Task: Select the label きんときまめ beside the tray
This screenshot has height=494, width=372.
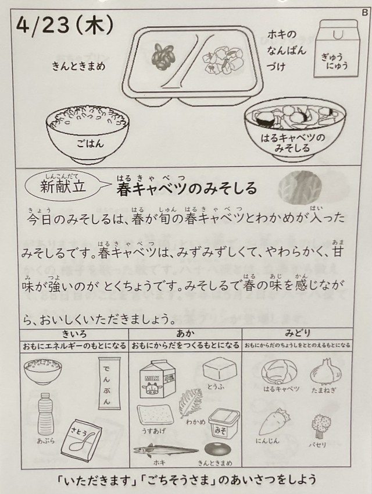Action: (78, 66)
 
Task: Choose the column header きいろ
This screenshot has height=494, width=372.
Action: (74, 333)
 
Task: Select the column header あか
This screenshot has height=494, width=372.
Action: (185, 333)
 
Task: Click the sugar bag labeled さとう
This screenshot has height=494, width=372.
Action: (82, 439)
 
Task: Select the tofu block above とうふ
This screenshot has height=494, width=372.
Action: (220, 370)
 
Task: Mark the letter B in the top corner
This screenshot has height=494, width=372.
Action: (365, 12)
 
